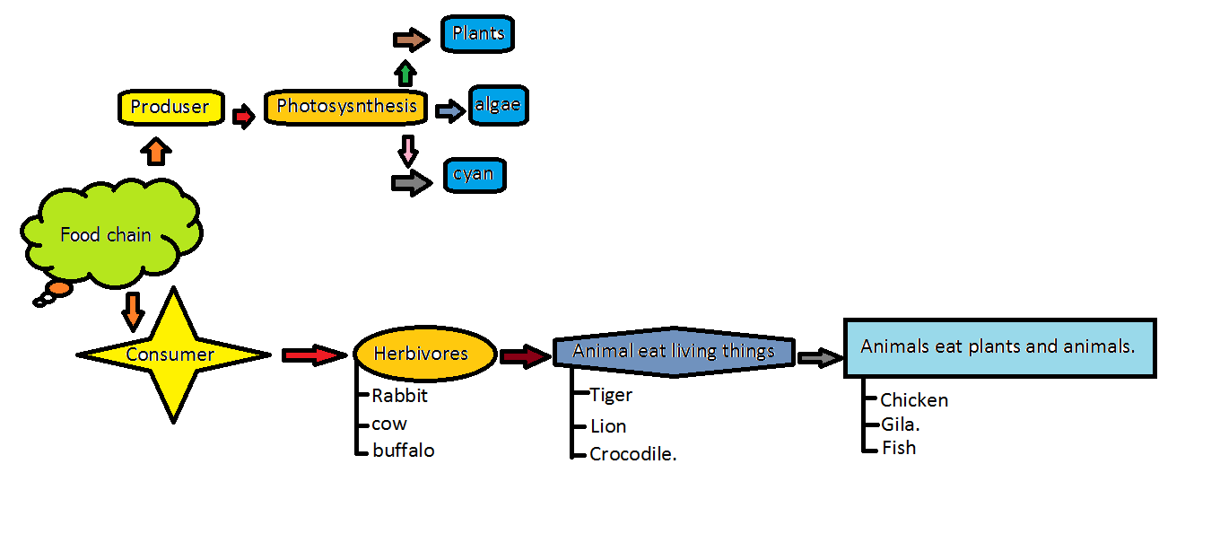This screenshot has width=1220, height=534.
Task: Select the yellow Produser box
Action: click(170, 107)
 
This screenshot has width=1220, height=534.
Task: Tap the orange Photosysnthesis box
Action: click(346, 107)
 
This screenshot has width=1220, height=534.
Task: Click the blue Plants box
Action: click(478, 35)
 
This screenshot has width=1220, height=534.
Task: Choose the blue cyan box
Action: click(474, 174)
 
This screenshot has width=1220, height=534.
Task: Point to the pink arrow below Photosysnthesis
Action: click(408, 150)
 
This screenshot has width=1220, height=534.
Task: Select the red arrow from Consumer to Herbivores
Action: click(313, 355)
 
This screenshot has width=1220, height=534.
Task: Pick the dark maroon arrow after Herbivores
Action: click(525, 356)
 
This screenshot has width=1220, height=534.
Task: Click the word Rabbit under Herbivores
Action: click(400, 395)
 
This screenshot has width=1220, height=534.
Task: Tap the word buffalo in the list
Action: click(404, 451)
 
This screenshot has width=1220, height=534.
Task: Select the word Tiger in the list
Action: click(611, 395)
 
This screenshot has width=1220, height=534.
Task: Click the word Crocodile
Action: click(632, 454)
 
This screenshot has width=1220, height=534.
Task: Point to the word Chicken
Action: click(914, 400)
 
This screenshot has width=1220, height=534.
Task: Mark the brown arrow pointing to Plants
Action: click(412, 39)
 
